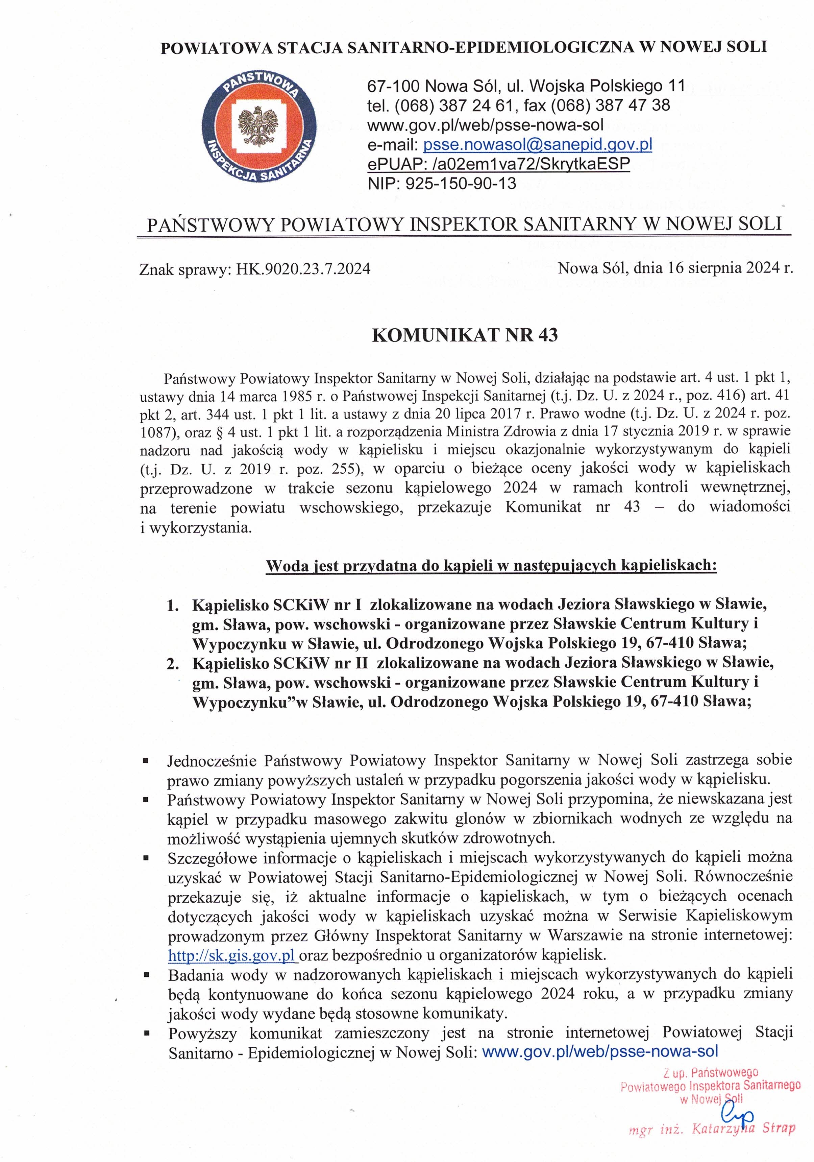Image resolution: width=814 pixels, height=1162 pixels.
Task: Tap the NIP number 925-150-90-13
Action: click(x=460, y=183)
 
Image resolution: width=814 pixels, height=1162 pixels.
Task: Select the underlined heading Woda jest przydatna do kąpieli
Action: click(x=491, y=565)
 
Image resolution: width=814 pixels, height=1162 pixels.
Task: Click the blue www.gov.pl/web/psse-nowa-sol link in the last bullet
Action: click(x=600, y=1052)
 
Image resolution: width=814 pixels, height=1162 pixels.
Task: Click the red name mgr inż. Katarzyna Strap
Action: click(x=712, y=1128)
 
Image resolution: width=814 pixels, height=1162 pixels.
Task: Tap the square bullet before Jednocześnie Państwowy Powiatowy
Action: click(x=146, y=760)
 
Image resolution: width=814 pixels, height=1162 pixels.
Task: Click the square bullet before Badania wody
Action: click(x=146, y=974)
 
